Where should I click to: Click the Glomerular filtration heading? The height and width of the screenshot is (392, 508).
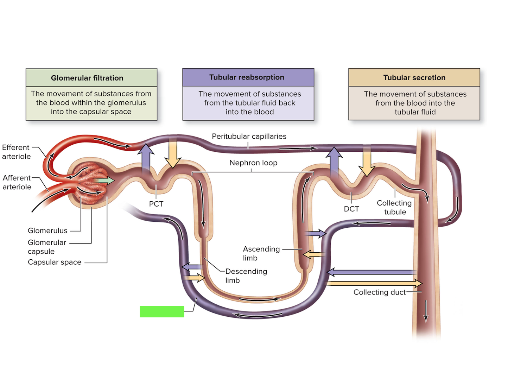tap(87, 78)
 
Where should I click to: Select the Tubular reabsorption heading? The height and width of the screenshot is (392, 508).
tap(247, 77)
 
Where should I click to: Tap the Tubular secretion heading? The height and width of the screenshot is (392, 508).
tap(414, 77)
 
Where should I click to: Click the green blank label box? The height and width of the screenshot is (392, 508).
tap(162, 311)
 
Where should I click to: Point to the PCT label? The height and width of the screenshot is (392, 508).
tap(156, 204)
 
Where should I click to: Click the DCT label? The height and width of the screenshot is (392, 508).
tap(351, 209)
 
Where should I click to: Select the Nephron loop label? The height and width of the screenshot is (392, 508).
tap(253, 163)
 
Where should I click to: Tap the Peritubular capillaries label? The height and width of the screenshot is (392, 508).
tap(249, 136)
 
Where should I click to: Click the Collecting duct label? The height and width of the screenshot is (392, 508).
tap(380, 292)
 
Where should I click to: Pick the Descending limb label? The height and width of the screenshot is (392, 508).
tap(246, 276)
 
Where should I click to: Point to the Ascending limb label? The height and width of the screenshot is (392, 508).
tap(261, 253)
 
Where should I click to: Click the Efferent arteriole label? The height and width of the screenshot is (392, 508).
tap(16, 152)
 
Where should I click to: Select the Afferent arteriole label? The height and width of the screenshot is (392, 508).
tap(17, 182)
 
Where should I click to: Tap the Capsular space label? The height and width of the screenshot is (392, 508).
tap(55, 262)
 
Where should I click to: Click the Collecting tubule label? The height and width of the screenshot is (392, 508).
tap(394, 207)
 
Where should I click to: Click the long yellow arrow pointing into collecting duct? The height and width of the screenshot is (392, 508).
tap(374, 283)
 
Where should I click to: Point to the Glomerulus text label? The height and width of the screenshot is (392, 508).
tap(47, 231)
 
